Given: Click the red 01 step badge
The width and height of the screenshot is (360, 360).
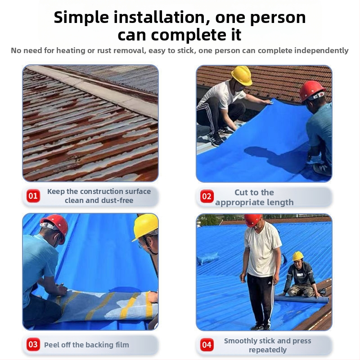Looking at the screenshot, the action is (33, 196).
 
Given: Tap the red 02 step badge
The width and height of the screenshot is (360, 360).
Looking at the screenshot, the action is (207, 196).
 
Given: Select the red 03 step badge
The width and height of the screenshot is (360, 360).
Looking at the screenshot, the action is (33, 344).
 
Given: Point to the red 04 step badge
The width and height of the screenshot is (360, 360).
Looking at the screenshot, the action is (207, 345).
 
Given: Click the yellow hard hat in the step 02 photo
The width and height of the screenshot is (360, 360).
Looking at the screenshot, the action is (242, 75).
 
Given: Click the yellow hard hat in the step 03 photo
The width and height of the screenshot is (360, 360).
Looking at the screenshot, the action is (145, 227).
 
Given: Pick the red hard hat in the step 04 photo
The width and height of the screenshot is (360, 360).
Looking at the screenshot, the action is (253, 220).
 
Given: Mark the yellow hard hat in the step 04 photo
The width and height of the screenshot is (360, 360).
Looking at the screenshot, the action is (298, 256).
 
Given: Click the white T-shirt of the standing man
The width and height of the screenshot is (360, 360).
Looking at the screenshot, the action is (262, 250).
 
